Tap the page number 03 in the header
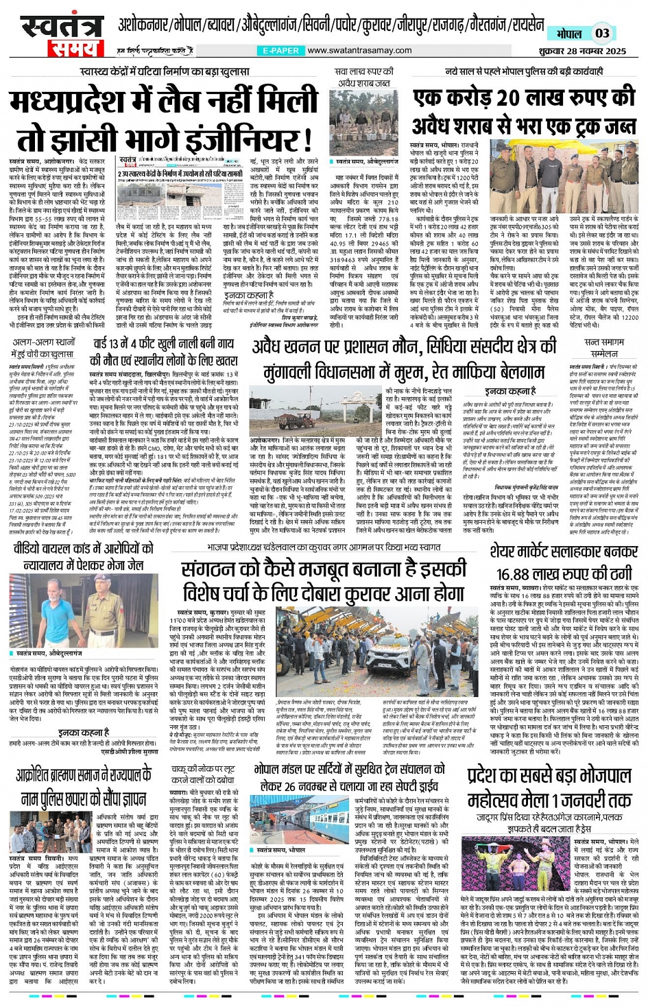point(601,33)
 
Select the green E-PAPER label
point(280,51)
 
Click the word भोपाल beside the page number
point(568,34)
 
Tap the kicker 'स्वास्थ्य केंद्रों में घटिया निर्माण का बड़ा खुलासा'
point(164,71)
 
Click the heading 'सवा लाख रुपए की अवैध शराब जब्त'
point(363,77)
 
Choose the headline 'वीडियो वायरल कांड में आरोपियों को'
point(83,548)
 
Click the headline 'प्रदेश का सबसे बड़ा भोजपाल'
point(549,777)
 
